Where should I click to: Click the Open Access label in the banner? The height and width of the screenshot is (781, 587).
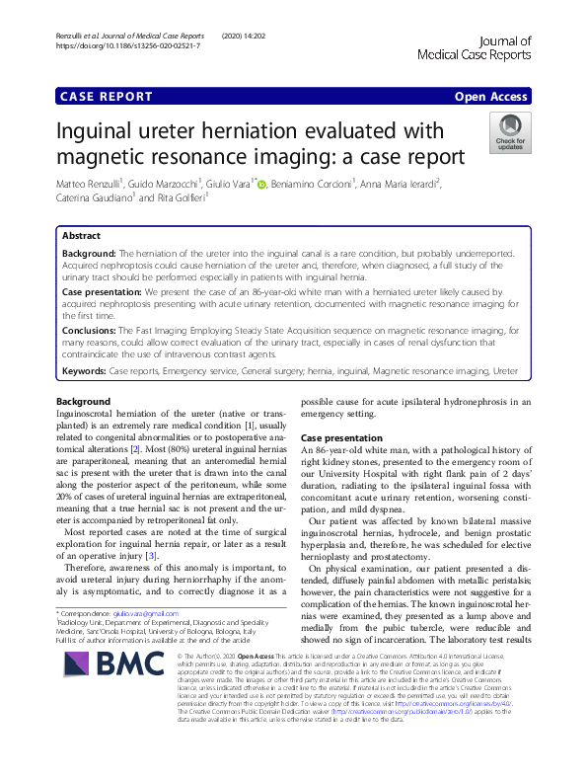492,96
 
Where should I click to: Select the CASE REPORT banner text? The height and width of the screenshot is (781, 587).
107,96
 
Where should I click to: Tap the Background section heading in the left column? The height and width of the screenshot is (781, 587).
84,374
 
